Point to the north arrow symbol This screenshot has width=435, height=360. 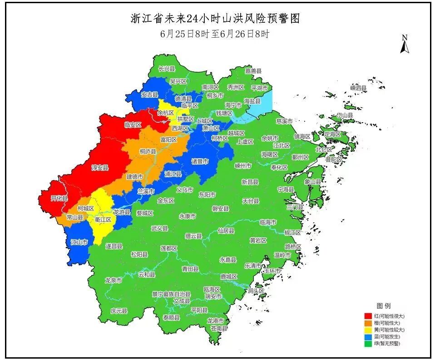click(x=405, y=44)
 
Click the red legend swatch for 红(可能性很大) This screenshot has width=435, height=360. click(x=368, y=315)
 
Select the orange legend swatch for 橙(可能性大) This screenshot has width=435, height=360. click(x=368, y=323)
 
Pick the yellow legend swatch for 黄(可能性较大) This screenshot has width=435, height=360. click(x=368, y=330)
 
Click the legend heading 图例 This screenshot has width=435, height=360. click(x=383, y=306)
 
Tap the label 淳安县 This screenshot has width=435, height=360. click(x=100, y=168)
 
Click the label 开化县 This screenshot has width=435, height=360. click(x=59, y=198)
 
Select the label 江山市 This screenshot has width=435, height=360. click(x=79, y=242)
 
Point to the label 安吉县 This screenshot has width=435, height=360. click(x=149, y=95)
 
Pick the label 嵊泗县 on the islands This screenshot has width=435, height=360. click(x=358, y=88)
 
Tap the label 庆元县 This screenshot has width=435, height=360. click(x=119, y=311)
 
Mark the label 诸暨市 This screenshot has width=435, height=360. click(x=200, y=161)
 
